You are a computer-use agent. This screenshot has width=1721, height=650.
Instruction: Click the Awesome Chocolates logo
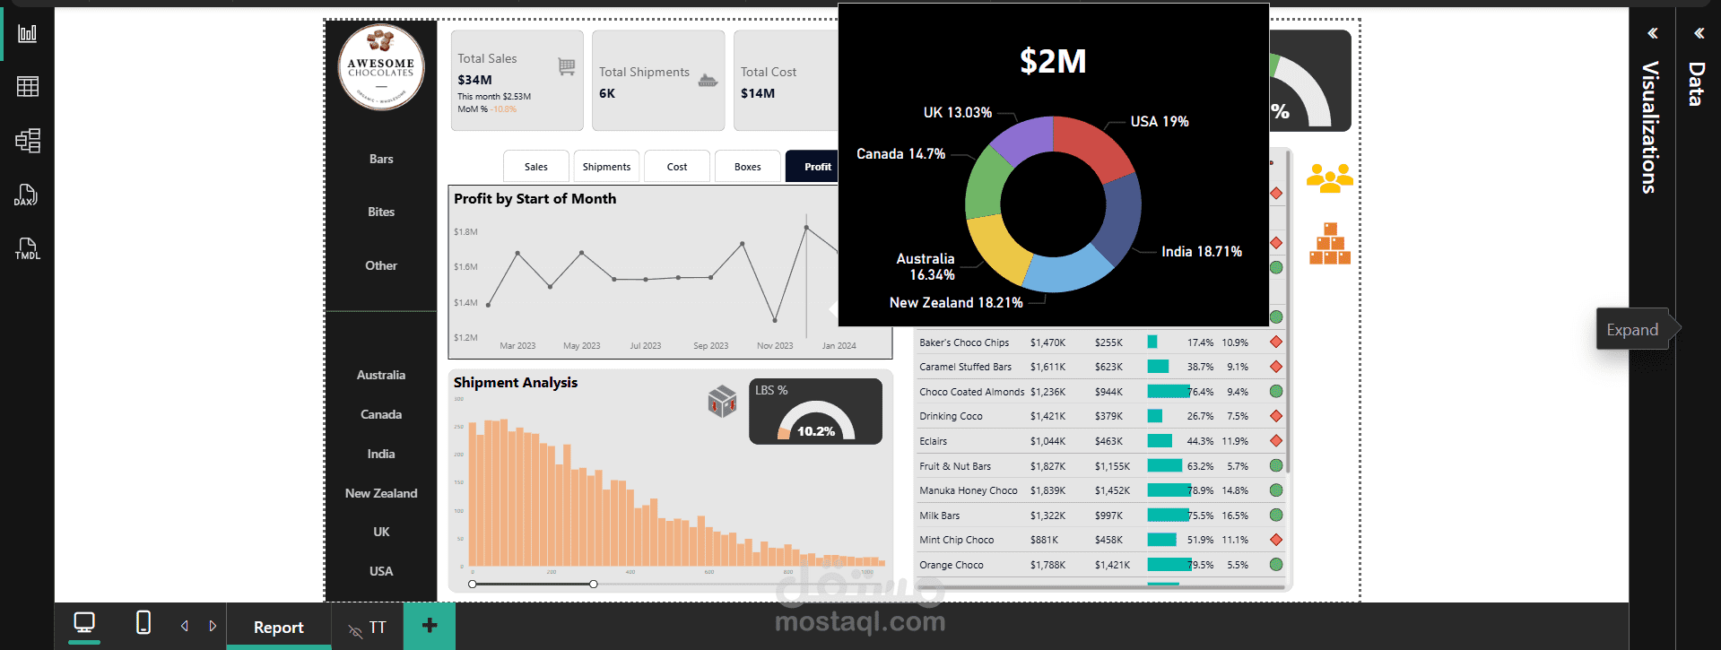point(381,67)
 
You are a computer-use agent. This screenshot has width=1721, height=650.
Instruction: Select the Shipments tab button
point(606,167)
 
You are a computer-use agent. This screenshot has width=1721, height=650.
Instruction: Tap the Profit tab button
point(816,167)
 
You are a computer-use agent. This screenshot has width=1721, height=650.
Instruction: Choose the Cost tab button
point(677,167)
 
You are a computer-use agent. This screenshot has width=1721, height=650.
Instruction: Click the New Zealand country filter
point(381,493)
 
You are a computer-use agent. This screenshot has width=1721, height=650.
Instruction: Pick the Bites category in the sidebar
point(381,212)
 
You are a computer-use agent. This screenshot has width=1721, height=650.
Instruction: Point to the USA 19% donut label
point(1159,121)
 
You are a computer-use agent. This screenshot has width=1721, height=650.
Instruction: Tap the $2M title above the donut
point(1053,62)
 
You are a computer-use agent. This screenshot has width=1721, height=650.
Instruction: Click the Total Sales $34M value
point(474,80)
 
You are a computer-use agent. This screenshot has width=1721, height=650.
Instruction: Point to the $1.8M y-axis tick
point(465,232)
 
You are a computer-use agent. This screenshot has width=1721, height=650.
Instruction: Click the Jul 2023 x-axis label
point(645,346)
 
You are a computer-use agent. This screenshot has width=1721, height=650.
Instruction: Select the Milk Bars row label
point(939,516)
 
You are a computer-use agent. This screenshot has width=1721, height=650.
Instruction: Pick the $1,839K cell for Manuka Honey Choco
point(1047,490)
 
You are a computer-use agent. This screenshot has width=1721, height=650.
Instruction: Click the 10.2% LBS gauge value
point(816,431)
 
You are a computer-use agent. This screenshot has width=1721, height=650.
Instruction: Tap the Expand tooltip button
point(1632,330)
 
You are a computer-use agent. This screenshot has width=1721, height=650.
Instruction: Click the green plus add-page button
point(430,626)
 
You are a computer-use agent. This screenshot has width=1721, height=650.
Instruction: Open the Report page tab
point(278,628)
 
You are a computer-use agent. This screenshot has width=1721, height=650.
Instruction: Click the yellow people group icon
point(1329,178)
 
